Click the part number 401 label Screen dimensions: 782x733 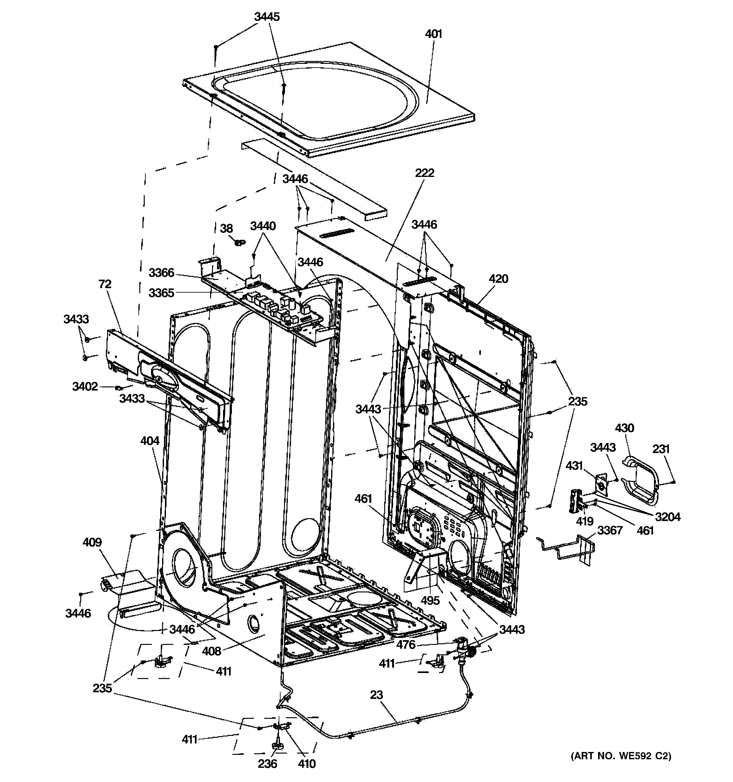(433, 34)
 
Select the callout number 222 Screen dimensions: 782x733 (425, 173)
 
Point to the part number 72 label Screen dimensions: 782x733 (105, 284)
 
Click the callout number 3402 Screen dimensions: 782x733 (85, 386)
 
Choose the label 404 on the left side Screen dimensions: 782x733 (150, 440)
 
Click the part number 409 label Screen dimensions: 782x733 (92, 542)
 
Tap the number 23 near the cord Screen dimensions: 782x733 (376, 695)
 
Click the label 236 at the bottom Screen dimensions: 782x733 (268, 763)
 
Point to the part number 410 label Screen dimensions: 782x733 (306, 763)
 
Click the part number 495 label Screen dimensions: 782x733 (430, 600)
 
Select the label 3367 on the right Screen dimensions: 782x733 (610, 530)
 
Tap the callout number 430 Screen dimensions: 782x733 (624, 428)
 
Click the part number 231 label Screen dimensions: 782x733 (661, 449)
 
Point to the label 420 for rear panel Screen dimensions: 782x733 (499, 279)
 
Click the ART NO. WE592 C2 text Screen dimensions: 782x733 (621, 756)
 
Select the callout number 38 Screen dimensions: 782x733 (226, 228)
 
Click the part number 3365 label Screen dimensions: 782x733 (161, 293)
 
